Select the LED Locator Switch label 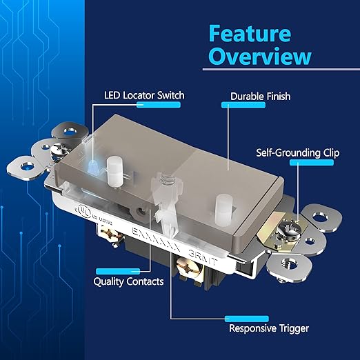point(144,94)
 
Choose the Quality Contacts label point(129,281)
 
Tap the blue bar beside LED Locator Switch point(159,105)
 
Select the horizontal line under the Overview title point(279,69)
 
